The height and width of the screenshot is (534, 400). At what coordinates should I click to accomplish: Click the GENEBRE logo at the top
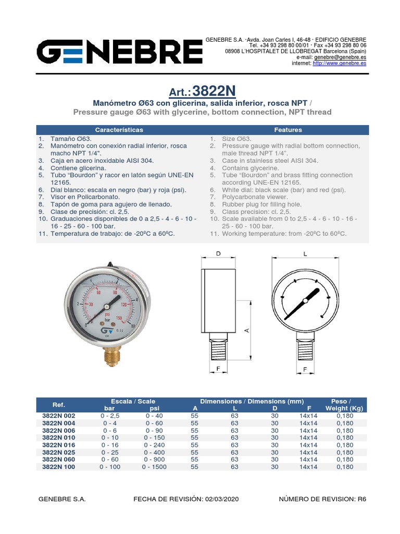point(119,53)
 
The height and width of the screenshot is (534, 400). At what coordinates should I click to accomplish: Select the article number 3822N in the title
point(214,91)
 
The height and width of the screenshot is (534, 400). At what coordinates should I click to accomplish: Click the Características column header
point(119,130)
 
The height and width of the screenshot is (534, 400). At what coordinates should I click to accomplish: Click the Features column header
point(288,130)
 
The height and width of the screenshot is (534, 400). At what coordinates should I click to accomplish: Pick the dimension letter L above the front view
point(305,254)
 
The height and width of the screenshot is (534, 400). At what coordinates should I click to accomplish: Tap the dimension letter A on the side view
point(247,330)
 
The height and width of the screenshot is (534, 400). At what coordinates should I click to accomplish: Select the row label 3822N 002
point(58,416)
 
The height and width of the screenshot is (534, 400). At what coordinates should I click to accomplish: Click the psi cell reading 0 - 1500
point(154,467)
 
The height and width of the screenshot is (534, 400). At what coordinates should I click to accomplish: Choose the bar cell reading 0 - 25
point(109,452)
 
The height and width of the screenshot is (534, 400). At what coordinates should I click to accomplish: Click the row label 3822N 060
point(58,459)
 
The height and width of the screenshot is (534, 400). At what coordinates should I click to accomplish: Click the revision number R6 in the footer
point(361,499)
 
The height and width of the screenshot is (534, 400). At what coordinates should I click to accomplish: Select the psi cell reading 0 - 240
point(154,445)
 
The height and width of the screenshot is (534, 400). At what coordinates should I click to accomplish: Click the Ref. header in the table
point(58,405)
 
